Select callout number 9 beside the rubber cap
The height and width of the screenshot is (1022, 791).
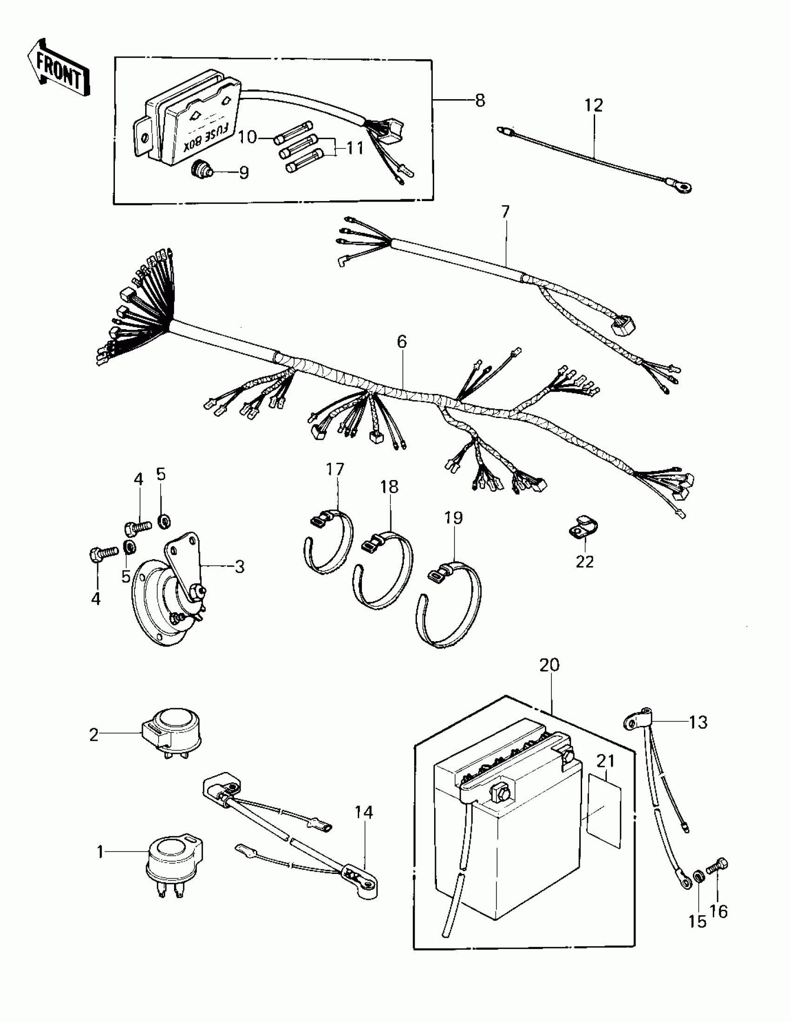(x=244, y=173)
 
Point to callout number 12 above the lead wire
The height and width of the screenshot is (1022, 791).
(x=594, y=105)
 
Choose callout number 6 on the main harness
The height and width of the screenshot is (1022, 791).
(x=402, y=342)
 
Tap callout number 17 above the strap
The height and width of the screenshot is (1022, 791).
(x=335, y=469)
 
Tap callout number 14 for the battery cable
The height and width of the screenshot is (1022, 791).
(x=364, y=812)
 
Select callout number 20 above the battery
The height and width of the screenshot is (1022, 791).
(x=549, y=665)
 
